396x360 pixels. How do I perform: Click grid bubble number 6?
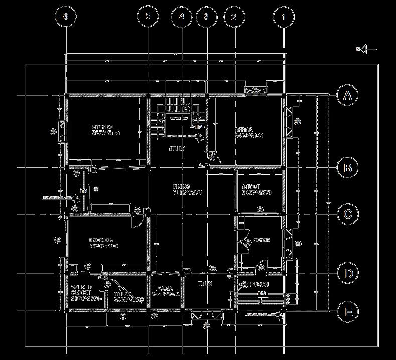click(66, 16)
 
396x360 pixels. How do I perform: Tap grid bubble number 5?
click(148, 16)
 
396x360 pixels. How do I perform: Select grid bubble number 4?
click(181, 16)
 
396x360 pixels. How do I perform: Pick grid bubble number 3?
click(206, 16)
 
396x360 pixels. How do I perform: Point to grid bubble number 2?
click(233, 16)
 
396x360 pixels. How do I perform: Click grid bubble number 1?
click(284, 16)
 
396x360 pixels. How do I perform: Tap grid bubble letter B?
click(347, 168)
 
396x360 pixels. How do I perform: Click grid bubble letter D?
click(347, 273)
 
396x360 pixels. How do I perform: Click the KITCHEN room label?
click(102, 127)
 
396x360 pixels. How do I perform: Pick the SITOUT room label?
click(251, 186)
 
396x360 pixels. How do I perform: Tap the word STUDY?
click(177, 149)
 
